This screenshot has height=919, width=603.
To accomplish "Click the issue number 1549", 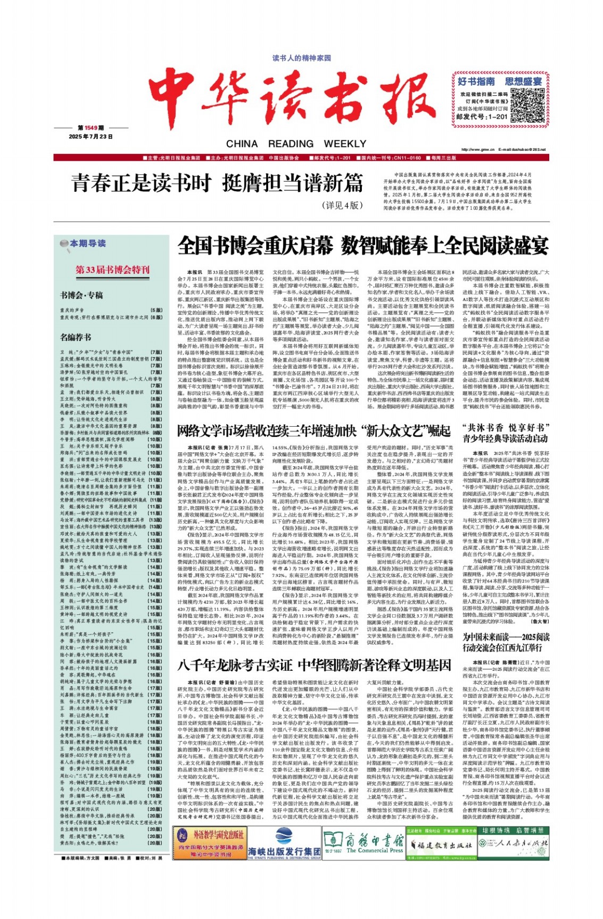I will coord(89,128).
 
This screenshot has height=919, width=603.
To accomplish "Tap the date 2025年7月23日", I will coord(91,136).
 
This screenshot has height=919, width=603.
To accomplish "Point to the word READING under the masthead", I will coord(291,144).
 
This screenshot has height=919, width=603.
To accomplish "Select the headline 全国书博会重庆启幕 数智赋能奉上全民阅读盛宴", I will coord(362,247).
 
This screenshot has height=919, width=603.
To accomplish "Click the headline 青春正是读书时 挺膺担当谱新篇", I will coord(217,183).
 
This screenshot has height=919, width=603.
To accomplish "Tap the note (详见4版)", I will coord(342,206).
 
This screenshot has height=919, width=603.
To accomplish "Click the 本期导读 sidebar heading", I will coord(88,243).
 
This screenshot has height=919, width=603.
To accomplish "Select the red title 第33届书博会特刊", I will coord(112,270).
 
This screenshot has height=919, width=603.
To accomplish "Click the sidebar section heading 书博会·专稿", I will coord(81,295).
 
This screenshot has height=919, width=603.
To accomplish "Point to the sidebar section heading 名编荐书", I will coord(76,337).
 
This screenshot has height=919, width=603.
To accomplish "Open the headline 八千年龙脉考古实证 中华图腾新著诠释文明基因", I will coord(314,665).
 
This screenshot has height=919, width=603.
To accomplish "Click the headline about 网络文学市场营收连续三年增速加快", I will coord(314,430).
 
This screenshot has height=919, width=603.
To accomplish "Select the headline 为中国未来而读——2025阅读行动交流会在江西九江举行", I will coord(505,642).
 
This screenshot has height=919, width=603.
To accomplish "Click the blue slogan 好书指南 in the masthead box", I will coord(476,81).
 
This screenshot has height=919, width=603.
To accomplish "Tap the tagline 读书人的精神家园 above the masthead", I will coord(301,58).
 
